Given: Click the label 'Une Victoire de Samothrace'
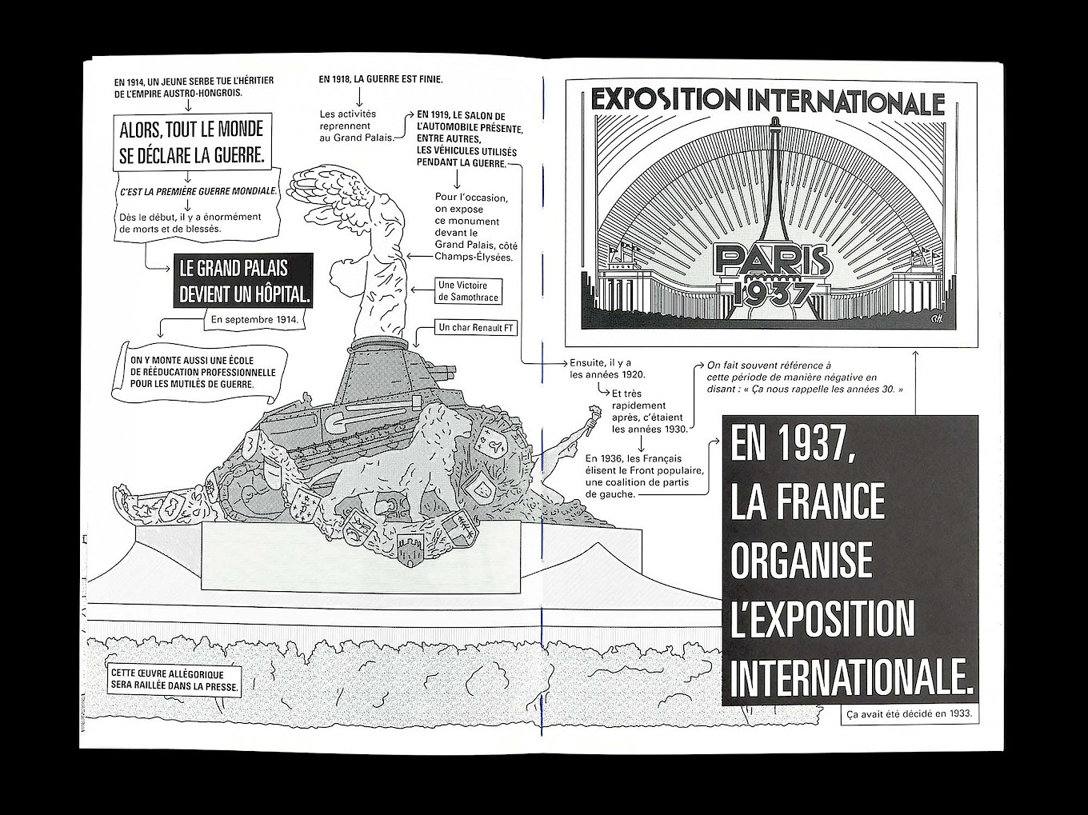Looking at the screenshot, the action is [x=469, y=291].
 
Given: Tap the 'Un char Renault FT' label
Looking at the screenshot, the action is [x=475, y=327].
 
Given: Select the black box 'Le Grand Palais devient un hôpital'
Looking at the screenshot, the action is [x=243, y=281].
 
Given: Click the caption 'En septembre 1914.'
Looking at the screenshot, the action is [x=254, y=320].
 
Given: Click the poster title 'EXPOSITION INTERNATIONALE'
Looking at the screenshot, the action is [x=768, y=102].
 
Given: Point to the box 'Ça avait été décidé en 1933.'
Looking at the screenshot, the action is [x=910, y=714].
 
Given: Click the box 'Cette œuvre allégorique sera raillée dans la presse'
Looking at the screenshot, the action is [x=174, y=681].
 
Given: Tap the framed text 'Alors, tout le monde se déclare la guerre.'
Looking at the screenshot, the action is [x=192, y=142].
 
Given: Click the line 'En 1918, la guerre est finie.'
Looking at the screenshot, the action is [x=381, y=78].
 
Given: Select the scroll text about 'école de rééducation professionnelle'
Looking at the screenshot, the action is [x=203, y=373].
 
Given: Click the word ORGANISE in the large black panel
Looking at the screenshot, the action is [x=802, y=560].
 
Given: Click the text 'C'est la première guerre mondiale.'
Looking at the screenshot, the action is [x=198, y=192].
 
